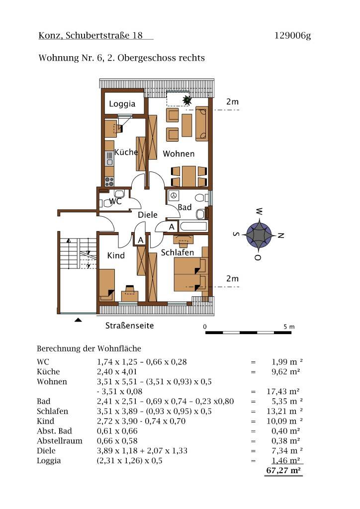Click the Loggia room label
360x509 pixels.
tap(122, 104)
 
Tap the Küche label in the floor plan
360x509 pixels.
tap(126, 152)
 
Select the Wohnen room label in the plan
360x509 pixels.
tap(179, 154)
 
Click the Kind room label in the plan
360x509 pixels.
tap(116, 255)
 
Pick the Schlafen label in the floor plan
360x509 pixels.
tap(178, 253)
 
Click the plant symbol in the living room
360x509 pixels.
tap(187, 101)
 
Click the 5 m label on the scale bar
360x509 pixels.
tap(289, 327)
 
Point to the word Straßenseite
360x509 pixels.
tap(129, 326)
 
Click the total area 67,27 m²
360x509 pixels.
tap(284, 470)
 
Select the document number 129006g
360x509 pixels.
tap(292, 36)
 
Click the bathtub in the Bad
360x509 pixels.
tap(194, 227)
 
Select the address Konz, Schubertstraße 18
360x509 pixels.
tap(90, 36)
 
